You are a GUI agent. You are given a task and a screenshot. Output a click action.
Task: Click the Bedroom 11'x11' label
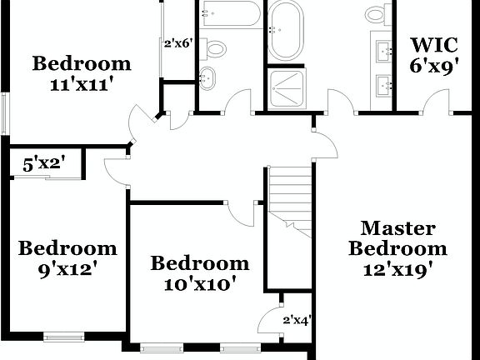pos(82,73)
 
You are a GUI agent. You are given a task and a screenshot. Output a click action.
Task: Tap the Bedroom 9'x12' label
pos(67,257)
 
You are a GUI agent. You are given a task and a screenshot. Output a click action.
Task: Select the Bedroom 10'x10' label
pos(199,273)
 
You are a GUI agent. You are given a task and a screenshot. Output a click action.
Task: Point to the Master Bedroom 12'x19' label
pos(397,248)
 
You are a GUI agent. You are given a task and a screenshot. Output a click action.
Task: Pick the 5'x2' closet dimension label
pos(44,164)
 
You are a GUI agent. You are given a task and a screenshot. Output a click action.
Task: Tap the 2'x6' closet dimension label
pos(178,44)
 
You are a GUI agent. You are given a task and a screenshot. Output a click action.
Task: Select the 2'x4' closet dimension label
pos(297,319)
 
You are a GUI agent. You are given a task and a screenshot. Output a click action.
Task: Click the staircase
pos(290,196)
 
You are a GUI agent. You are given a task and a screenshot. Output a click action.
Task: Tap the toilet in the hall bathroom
pos(215,47)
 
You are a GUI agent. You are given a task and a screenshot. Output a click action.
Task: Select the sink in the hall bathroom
pos(207,79)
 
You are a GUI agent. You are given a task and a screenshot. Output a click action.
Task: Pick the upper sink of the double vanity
pos(386,52)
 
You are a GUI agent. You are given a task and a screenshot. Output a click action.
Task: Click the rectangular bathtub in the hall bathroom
pos(230,13)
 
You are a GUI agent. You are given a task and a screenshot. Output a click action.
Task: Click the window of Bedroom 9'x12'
pos(63,337)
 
